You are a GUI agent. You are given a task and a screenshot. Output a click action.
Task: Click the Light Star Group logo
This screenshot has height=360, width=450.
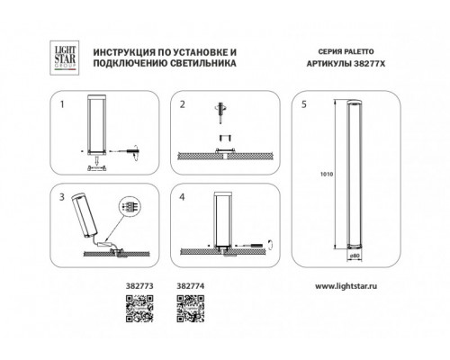[65, 58]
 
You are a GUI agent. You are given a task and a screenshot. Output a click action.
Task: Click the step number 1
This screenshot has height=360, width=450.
[62, 104]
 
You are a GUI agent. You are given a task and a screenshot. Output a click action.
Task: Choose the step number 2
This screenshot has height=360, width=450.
[183, 104]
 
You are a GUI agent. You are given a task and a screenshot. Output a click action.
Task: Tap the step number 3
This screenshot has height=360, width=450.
[62, 197]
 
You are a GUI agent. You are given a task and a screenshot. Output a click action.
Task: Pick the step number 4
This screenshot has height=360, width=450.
[182, 197]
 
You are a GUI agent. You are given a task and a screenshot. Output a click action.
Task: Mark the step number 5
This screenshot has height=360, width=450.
[304, 104]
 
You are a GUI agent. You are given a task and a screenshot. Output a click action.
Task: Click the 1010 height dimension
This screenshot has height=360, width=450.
[327, 174]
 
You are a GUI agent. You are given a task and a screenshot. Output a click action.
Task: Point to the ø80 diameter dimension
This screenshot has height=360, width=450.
[355, 256]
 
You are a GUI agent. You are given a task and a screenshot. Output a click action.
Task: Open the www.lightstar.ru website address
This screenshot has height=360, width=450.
[346, 286]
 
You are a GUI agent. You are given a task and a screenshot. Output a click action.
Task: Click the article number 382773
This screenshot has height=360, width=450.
[139, 286]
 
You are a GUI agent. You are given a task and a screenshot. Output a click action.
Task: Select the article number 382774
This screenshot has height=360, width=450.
[191, 286]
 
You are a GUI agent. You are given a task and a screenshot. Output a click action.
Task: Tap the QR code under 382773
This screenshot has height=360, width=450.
[139, 309]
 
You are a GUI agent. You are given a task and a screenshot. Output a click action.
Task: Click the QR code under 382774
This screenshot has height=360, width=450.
[191, 309]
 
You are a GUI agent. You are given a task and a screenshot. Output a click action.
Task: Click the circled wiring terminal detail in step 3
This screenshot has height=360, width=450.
[130, 206]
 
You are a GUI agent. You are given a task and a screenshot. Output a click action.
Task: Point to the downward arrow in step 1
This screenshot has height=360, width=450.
[96, 159]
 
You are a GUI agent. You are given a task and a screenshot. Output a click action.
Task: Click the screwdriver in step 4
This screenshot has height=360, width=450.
[251, 246]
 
